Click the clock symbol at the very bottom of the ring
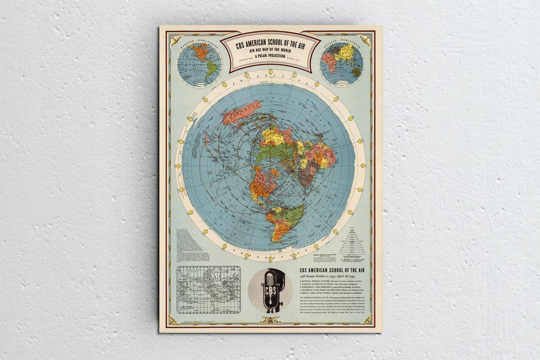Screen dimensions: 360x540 pyautogui.click(x=271, y=257)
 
